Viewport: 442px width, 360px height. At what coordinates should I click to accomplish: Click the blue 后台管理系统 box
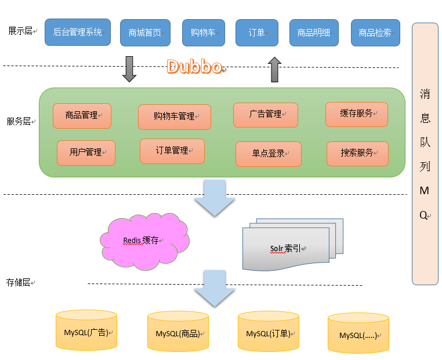78,32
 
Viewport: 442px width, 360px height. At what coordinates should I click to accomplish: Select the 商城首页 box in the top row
145,32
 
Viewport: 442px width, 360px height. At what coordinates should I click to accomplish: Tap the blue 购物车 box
203,32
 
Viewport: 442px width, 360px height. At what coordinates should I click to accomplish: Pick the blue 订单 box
256,32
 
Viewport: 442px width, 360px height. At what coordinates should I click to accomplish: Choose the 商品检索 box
375,32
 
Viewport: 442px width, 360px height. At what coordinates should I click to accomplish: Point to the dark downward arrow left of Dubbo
130,69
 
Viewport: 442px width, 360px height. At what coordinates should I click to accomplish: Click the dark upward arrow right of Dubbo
274,69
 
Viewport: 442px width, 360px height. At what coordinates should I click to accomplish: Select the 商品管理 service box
82,115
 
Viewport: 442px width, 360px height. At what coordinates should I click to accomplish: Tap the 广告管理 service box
266,115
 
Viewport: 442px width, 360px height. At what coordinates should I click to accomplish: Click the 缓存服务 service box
357,114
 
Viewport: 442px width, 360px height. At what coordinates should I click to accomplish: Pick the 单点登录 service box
269,154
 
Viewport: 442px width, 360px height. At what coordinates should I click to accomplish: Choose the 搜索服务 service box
357,153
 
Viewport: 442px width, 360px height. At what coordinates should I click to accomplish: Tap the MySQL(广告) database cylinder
86,332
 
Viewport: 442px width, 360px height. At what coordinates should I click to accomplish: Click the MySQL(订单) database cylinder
269,333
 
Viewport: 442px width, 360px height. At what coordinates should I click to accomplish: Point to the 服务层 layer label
19,122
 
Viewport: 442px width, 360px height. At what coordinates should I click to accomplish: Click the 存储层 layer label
19,282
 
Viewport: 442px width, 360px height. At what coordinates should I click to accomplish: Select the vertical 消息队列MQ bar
425,154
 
